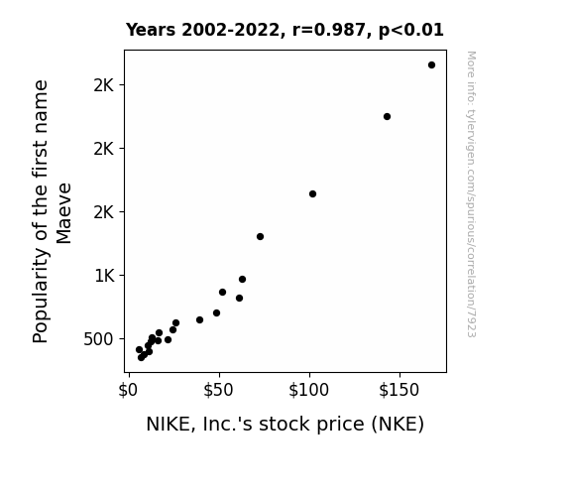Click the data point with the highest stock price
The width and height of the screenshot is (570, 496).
click(431, 65)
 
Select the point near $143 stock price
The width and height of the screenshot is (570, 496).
click(388, 116)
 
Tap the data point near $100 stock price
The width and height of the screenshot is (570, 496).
click(312, 194)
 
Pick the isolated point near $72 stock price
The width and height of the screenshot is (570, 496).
click(260, 236)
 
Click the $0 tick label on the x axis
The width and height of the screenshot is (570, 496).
click(128, 390)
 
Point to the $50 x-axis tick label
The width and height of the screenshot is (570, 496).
click(218, 390)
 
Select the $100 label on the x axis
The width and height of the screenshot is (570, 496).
click(308, 390)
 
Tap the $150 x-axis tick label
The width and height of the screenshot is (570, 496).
click(399, 390)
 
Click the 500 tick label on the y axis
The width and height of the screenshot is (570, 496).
click(98, 339)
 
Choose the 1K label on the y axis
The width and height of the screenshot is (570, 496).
click(105, 276)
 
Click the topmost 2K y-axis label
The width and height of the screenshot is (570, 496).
click(104, 86)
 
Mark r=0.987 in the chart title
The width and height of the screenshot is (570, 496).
click(329, 30)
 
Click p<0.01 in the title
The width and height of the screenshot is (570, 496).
click(411, 30)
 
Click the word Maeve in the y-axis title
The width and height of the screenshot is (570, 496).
click(64, 213)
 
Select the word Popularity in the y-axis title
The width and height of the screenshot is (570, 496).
click(41, 296)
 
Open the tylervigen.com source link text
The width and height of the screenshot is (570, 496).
click(471, 194)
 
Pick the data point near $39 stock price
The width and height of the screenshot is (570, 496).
click(199, 319)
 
